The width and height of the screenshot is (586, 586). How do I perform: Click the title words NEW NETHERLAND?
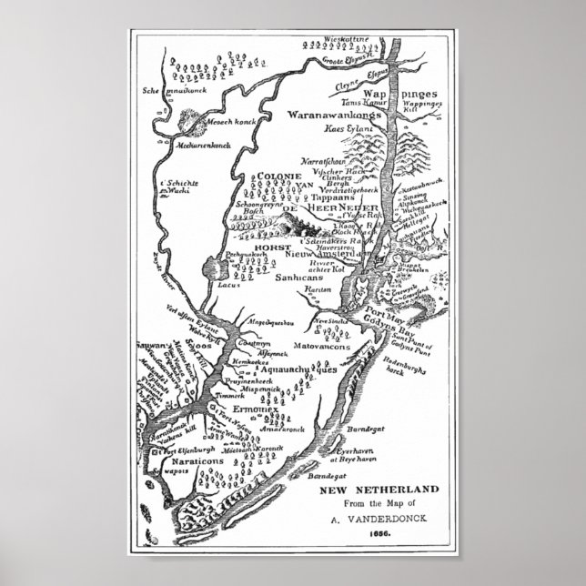(379, 490)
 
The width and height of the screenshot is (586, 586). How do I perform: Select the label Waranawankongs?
(309, 116)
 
